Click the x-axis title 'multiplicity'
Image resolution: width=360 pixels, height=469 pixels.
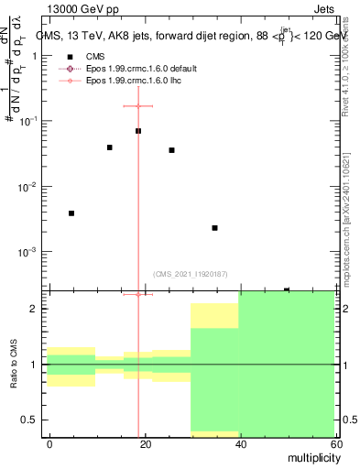[310, 458]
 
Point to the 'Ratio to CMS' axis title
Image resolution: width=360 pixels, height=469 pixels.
[14, 365]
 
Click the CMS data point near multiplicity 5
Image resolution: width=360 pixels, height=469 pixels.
[71, 213]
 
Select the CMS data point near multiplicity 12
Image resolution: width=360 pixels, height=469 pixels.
[110, 147]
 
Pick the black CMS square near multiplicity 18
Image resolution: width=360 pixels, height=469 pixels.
[138, 131]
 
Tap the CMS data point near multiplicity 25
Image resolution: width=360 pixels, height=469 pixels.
[171, 150]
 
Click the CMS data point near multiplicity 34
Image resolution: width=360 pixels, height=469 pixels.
[214, 228]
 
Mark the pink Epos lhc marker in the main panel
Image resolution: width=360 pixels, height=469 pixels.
[138, 106]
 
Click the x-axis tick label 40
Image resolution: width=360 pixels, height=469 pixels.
[238, 444]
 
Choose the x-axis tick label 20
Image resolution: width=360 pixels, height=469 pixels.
[143, 444]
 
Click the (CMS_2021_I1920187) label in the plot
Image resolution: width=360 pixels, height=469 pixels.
[191, 274]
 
